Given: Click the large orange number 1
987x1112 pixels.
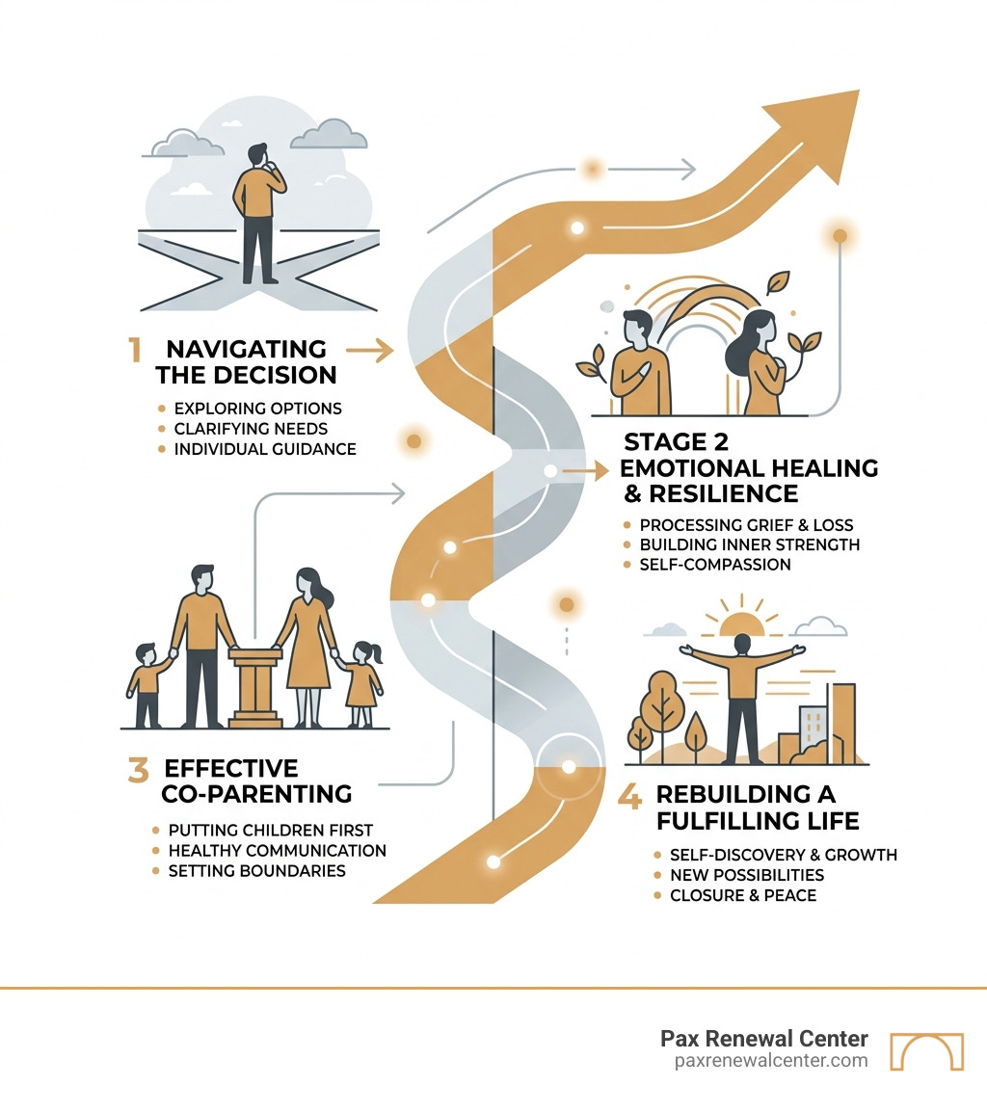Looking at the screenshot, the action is [x=135, y=350].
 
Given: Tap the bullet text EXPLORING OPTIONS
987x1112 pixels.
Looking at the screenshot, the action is [x=257, y=409].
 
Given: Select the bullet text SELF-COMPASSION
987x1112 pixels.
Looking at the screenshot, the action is [x=715, y=565].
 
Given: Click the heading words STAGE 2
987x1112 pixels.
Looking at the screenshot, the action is [x=677, y=442].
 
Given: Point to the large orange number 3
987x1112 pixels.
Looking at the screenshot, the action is [x=139, y=770].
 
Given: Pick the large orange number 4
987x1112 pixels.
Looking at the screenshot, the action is [x=629, y=796].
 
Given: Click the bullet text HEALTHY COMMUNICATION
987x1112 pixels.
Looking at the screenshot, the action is [x=278, y=850].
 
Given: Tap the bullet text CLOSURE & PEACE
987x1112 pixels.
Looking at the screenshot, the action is [x=743, y=895].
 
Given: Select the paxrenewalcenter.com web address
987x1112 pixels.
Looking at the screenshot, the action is [x=771, y=1060].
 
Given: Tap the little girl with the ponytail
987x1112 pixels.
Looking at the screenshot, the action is [x=364, y=685].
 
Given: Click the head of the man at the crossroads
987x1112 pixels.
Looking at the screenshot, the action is [x=258, y=155].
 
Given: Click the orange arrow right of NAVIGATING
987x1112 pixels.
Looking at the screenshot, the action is [x=370, y=351].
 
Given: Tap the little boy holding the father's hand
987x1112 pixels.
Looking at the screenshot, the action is [x=147, y=686].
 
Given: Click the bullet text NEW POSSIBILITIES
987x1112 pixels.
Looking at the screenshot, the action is [x=747, y=875].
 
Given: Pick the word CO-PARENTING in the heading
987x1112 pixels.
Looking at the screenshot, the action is [x=256, y=794].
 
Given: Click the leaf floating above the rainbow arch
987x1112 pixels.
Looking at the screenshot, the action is [x=778, y=281].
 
